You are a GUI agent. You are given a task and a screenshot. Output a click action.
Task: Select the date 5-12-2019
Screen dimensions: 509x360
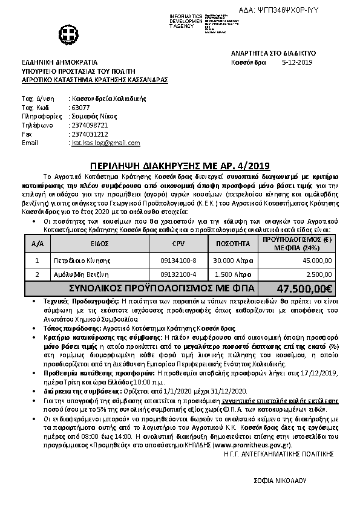297,62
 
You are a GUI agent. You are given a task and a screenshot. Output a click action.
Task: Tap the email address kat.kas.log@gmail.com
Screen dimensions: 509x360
105,143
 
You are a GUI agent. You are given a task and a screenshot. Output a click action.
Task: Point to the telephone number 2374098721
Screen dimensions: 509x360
90,125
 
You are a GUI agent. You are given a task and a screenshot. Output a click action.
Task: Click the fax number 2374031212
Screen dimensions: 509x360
90,134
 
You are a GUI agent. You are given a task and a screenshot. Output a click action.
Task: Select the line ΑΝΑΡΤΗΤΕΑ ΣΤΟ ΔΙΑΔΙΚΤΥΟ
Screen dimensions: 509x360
273,53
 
